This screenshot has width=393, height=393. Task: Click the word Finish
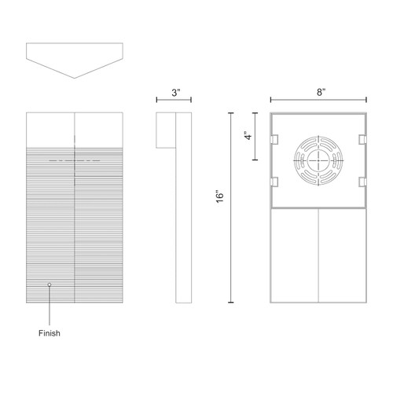coord(49,333)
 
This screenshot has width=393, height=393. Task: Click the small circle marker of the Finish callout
coord(50,284)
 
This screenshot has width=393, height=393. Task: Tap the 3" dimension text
coord(178,93)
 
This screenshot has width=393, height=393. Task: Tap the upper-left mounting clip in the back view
coord(275,139)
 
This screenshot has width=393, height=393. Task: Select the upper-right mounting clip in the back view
coord(362,139)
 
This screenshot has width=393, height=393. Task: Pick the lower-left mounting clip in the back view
coord(275,183)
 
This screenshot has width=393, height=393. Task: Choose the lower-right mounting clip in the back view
coord(362,183)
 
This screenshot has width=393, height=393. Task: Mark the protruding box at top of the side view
coord(165,130)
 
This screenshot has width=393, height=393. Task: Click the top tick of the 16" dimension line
coord(230,113)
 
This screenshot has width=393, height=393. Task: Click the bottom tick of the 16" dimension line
coord(230,303)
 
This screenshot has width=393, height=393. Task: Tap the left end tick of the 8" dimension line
coord(271,101)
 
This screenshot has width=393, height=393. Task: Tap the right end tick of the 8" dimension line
coord(367,101)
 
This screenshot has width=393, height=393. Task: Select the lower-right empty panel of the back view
coord(343,255)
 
